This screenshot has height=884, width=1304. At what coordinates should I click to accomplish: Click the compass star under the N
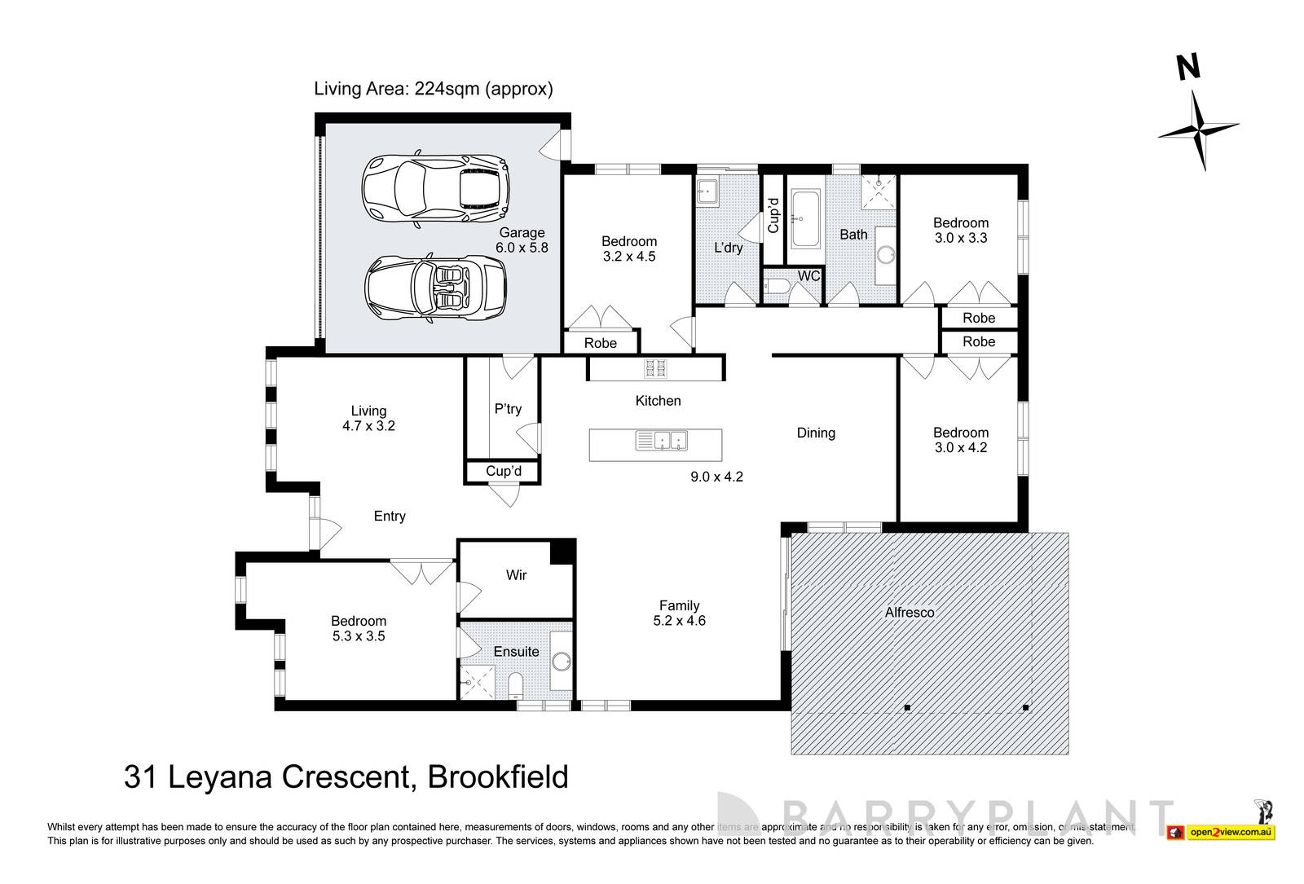coord(1199,130)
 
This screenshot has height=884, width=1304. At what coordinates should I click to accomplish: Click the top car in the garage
coord(436,189)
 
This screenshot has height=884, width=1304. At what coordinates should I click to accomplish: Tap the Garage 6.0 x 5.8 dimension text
coord(522,247)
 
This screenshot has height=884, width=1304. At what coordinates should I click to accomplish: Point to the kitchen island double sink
coord(662,441)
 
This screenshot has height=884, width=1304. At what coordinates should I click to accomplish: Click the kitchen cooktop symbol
coord(656,368)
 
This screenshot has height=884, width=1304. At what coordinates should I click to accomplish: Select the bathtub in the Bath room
coord(805,218)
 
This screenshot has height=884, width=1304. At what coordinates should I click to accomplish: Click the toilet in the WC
coord(777,287)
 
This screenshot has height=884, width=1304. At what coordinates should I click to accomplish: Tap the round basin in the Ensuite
coord(561,660)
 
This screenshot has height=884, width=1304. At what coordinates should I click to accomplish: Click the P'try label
coord(508,409)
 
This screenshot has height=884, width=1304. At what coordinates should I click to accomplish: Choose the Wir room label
coord(516,575)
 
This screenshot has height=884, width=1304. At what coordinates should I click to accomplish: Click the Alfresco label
coord(910,612)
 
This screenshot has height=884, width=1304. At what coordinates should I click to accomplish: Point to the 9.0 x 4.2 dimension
coord(716,477)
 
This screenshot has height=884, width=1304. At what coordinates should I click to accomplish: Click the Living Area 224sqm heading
coord(433,89)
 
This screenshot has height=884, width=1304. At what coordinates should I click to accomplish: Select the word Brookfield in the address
coord(497,777)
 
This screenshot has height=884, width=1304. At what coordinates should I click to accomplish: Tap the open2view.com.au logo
coord(1230,832)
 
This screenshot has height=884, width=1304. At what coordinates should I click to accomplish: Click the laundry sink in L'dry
coord(707,191)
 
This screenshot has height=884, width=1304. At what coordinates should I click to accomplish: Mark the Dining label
coord(816,433)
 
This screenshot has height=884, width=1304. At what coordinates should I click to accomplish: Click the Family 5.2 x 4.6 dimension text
coord(679,621)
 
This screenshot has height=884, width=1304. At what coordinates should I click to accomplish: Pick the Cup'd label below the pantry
coord(503,471)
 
